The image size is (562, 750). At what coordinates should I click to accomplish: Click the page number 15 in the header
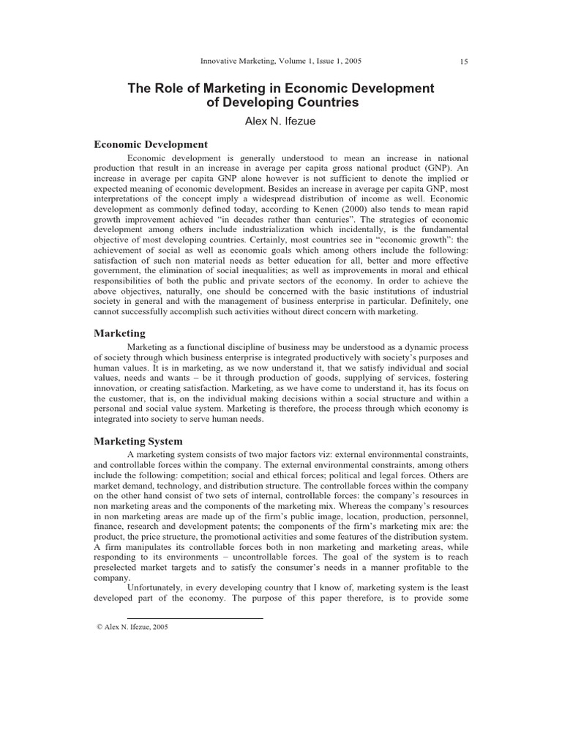464,62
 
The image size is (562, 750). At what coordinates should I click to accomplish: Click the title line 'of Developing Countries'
281,103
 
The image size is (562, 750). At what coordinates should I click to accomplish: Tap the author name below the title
280,122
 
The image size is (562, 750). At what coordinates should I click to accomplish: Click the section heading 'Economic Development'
151,144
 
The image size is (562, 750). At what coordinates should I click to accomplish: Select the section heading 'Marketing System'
138,441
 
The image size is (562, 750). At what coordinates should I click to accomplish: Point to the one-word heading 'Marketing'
120,333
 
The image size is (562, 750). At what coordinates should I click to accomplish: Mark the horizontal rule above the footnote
195,618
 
